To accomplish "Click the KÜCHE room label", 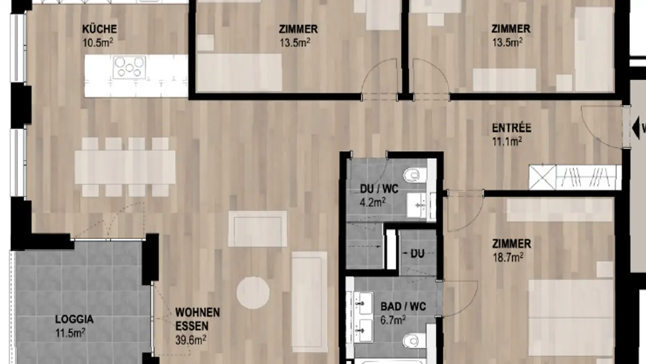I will pos(100,29).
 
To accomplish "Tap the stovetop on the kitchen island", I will pos(129,67).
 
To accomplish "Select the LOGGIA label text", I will pos(74,320).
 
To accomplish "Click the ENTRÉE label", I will pos(511,128).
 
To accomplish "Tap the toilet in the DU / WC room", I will pos(411,175).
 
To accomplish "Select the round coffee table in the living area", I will pos(253,293).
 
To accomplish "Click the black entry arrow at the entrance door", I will pos(636,128).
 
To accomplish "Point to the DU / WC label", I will pos(379,189).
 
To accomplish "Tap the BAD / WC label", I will pos(403,307).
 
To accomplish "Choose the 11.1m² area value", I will pos(507,142).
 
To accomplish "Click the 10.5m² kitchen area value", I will pos(97,43).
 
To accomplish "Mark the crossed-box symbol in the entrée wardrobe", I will pos(542,178).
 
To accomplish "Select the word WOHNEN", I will pos(197,312).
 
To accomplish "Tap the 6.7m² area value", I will pos(393,320).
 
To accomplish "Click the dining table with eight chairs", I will pos(125,167).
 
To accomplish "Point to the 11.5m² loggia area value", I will pos(70,333).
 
